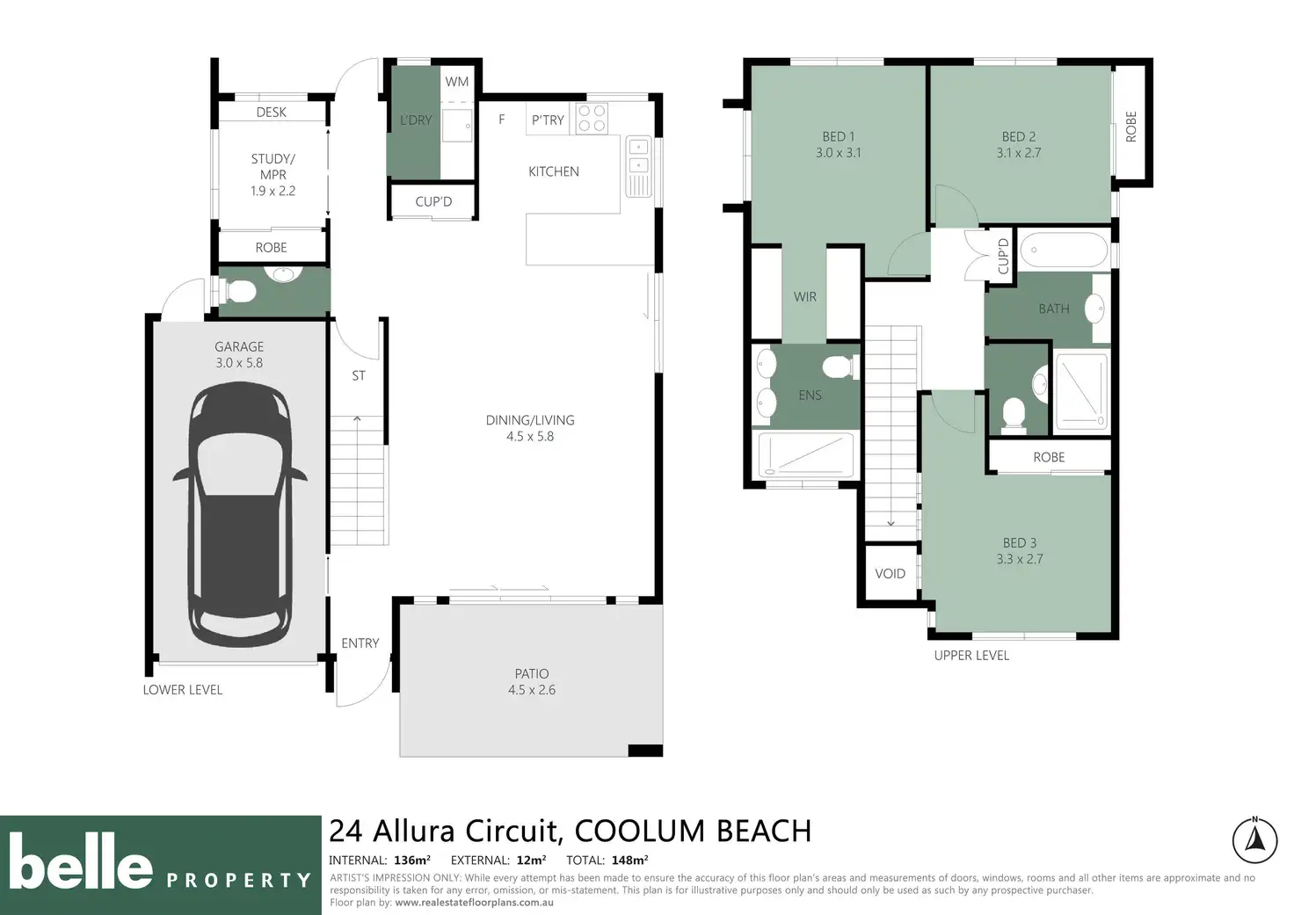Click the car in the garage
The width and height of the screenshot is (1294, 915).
240,515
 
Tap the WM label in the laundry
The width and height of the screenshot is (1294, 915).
456,82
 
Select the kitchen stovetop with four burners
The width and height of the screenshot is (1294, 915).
592,118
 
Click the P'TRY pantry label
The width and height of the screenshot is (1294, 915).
547,120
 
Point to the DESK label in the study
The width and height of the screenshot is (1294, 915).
271,112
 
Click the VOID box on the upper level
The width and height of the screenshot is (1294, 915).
891,574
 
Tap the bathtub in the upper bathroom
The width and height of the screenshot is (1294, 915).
1064,251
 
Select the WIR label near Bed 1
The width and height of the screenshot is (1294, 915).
804,297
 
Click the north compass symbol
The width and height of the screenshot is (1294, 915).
1254,840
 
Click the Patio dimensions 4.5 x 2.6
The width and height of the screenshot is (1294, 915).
532,690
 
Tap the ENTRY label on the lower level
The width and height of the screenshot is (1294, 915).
360,643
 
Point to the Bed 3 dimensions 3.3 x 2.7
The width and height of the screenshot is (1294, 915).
1020,559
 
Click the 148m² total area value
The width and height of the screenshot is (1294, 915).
629,861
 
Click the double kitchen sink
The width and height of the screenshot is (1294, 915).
638,167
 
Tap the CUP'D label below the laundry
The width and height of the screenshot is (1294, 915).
433,201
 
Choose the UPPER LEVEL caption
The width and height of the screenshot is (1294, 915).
971,656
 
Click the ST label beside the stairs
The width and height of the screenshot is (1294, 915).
359,376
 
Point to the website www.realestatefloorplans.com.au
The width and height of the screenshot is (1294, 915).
474,903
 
